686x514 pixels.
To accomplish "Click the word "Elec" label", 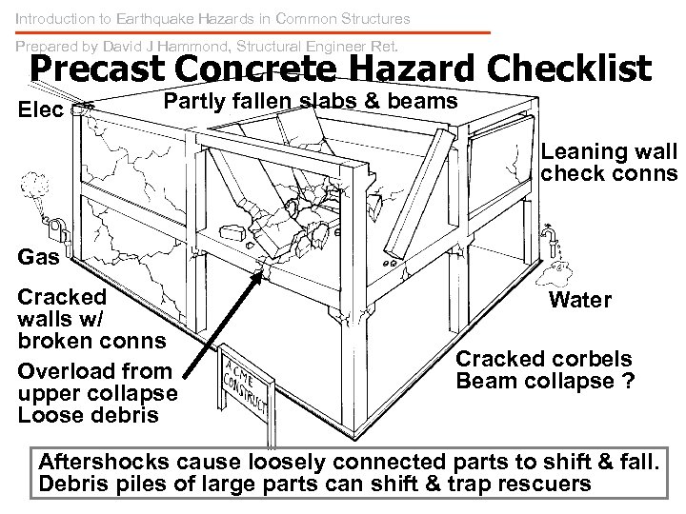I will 40,109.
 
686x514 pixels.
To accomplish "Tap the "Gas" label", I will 38,256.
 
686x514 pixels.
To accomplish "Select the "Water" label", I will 580,300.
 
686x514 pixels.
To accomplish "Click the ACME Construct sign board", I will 247,372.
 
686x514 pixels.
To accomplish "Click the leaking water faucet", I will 550,234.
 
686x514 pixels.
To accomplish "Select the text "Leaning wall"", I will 608,151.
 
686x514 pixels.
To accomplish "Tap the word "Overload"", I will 61,371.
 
